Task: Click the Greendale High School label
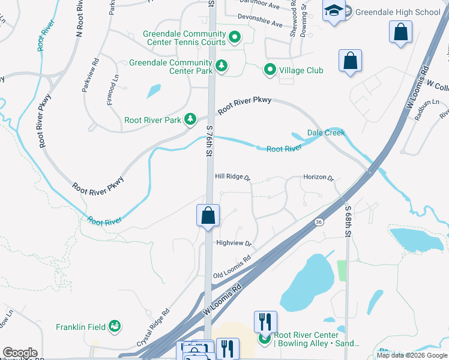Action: tap(397, 11)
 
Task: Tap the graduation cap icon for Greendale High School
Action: tap(333, 11)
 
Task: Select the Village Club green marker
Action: tap(270, 70)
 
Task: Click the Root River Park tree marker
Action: tap(190, 119)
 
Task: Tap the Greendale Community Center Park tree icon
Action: tap(222, 65)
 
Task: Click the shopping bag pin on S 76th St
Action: tap(208, 215)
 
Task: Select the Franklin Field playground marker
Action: tap(114, 326)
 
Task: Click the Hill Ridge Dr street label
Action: tap(232, 177)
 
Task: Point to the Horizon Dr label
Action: tap(318, 178)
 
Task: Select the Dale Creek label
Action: tap(326, 133)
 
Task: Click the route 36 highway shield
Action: tap(319, 222)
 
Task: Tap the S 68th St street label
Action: tap(348, 221)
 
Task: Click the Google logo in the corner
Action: tap(20, 353)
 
